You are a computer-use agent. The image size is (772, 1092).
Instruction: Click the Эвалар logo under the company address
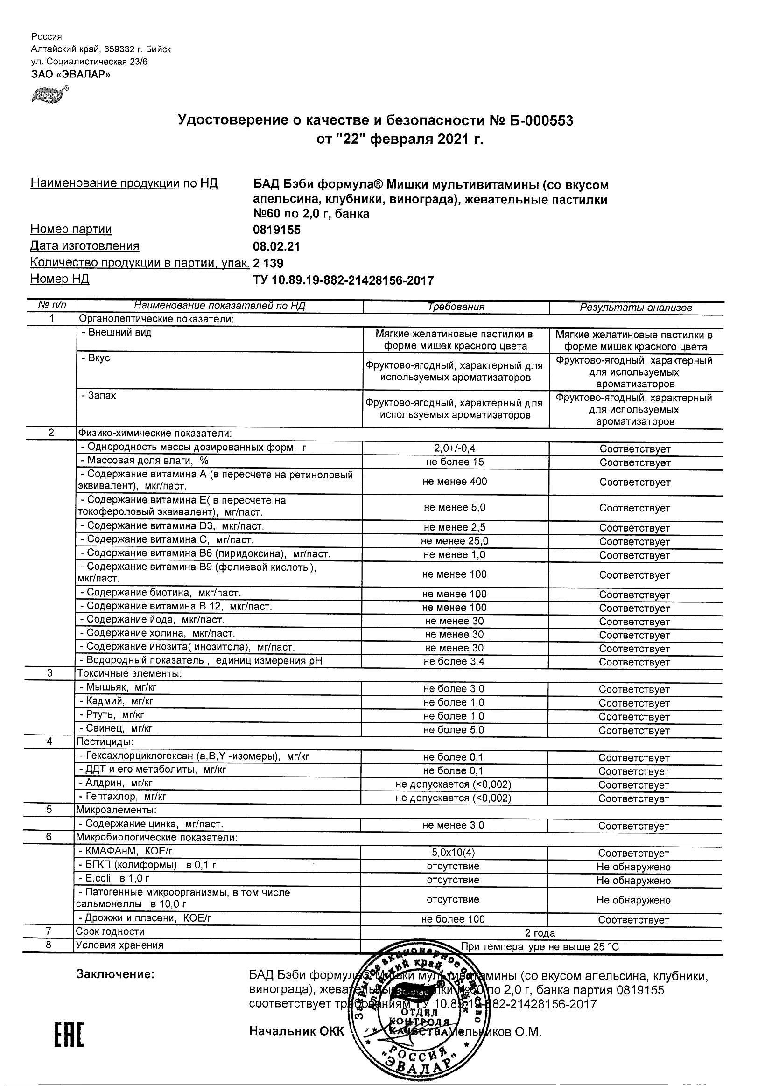[x=49, y=95]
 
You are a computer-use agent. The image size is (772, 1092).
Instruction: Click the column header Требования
[x=456, y=307]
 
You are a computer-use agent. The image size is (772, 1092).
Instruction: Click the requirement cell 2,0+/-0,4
[x=455, y=448]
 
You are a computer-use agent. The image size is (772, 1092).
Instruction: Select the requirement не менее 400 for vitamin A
[x=455, y=481]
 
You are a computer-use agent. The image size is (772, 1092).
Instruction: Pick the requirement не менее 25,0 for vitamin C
[x=454, y=541]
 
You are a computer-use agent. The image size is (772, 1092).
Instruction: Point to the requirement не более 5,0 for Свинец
[x=454, y=729]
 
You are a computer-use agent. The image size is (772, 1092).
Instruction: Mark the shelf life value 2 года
[x=540, y=933]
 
